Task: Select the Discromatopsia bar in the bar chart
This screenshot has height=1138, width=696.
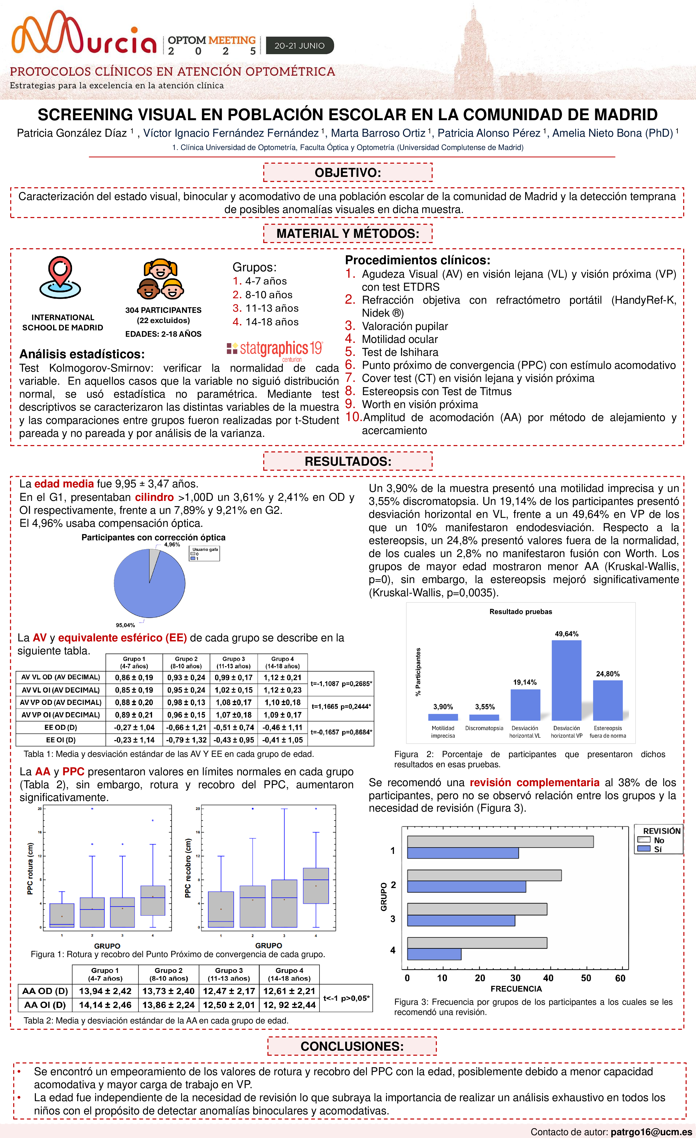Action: [484, 717]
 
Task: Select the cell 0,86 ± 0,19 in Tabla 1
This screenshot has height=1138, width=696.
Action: [134, 678]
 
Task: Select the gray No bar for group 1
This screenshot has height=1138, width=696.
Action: [500, 841]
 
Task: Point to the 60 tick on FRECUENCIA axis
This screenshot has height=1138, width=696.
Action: [620, 978]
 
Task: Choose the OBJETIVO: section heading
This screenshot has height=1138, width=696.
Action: [348, 173]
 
